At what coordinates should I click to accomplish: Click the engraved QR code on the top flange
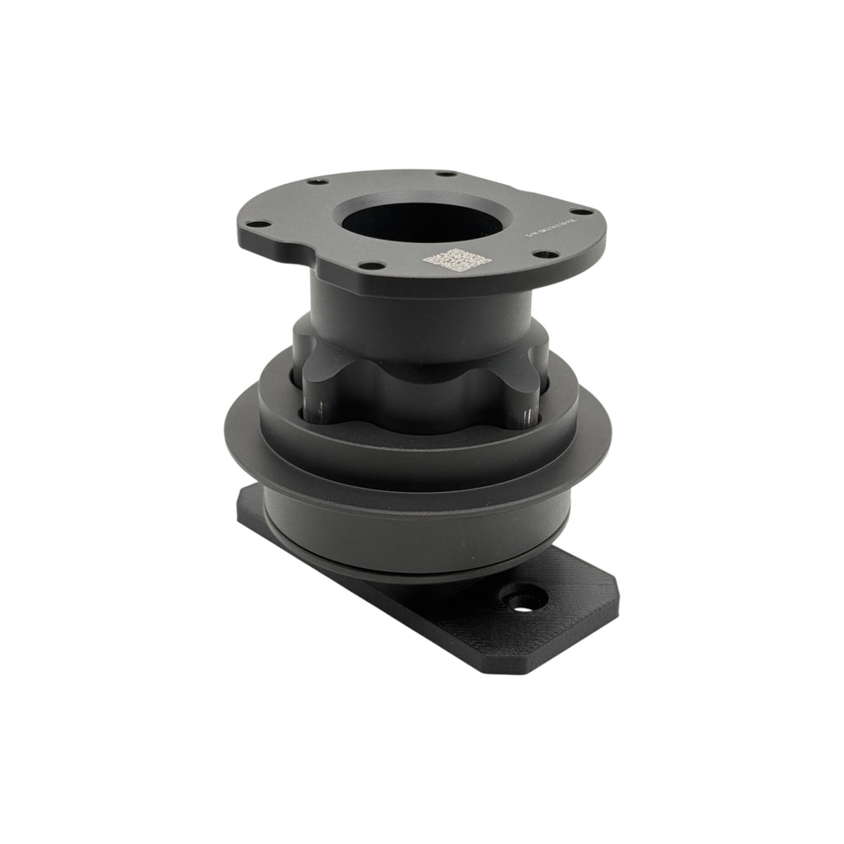(x=457, y=260)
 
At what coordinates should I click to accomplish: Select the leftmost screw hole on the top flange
(x=257, y=223)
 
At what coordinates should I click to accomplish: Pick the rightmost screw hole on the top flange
(x=586, y=210)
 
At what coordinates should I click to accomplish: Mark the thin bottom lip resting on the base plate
(x=412, y=570)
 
